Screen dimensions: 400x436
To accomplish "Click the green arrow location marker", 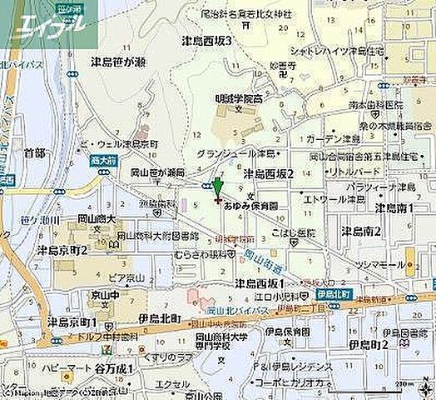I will pyautogui.click(x=217, y=187).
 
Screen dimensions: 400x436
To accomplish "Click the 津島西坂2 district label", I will pyautogui.click(x=269, y=173).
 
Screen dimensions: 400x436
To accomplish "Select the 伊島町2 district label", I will pyautogui.click(x=369, y=343).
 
